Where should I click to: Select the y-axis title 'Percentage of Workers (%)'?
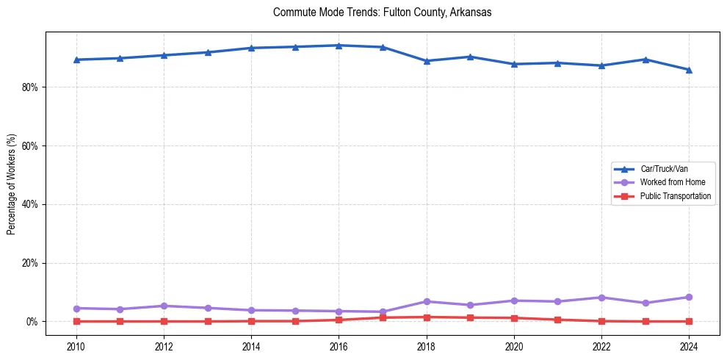11,184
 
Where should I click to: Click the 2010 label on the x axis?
76,346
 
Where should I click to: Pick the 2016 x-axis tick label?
339,346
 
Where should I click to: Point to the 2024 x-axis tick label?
689,346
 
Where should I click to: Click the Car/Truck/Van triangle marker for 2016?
339,46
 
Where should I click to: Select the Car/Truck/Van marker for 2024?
689,70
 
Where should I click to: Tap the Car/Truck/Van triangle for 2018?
427,61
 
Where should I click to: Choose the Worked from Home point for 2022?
601,298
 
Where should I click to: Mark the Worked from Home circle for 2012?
164,306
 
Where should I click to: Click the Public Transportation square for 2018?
427,317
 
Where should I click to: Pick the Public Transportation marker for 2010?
76,321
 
